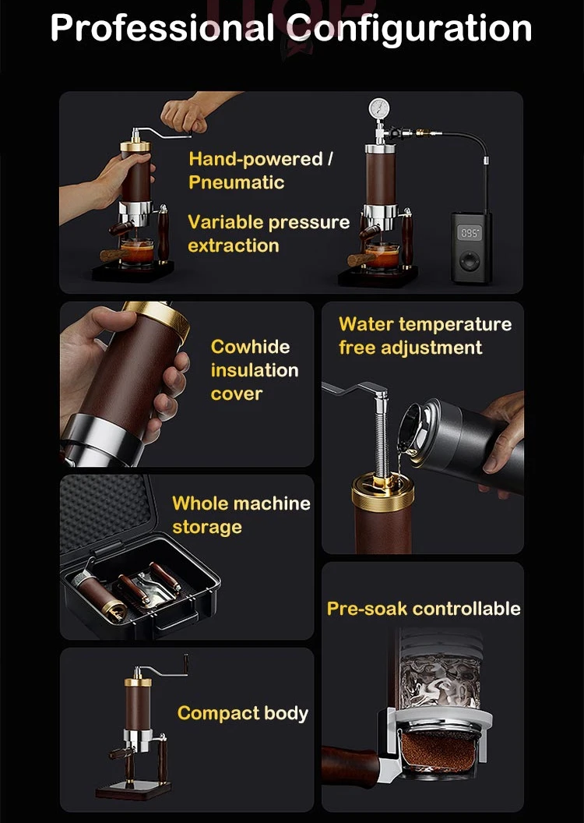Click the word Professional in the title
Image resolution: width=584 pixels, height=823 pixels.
pyautogui.click(x=161, y=28)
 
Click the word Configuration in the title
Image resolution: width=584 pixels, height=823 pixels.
pyautogui.click(x=410, y=28)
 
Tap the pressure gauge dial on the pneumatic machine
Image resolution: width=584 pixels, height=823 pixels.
pyautogui.click(x=381, y=107)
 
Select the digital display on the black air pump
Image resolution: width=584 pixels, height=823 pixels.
pyautogui.click(x=469, y=232)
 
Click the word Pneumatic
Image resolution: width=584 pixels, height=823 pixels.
pyautogui.click(x=236, y=182)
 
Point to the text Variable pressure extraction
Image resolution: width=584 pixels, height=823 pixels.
pyautogui.click(x=268, y=233)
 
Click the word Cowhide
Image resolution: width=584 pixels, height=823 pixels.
pyautogui.click(x=249, y=347)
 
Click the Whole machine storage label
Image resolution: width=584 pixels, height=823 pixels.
pyautogui.click(x=241, y=514)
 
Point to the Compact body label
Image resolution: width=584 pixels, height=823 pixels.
pyautogui.click(x=242, y=713)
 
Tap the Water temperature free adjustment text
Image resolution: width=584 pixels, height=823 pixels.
pyautogui.click(x=424, y=335)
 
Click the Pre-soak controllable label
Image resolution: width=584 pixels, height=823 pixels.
pyautogui.click(x=423, y=608)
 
